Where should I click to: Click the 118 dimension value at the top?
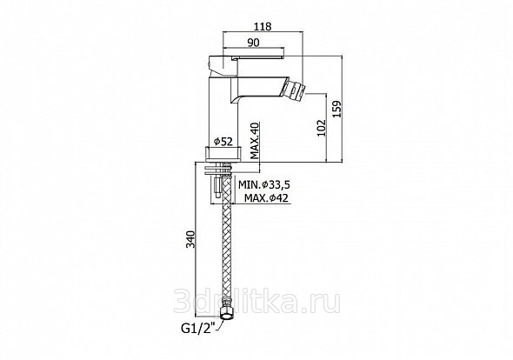(x=263, y=26)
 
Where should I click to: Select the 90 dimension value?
(x=253, y=43)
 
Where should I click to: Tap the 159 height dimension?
(x=336, y=109)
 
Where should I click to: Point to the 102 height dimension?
(x=322, y=128)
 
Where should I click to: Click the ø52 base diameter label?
(x=223, y=142)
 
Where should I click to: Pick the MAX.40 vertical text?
(x=255, y=141)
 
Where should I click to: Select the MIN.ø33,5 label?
(x=264, y=185)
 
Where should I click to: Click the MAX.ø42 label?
(x=267, y=198)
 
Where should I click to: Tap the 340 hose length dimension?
(x=190, y=239)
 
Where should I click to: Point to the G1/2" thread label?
(x=200, y=327)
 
